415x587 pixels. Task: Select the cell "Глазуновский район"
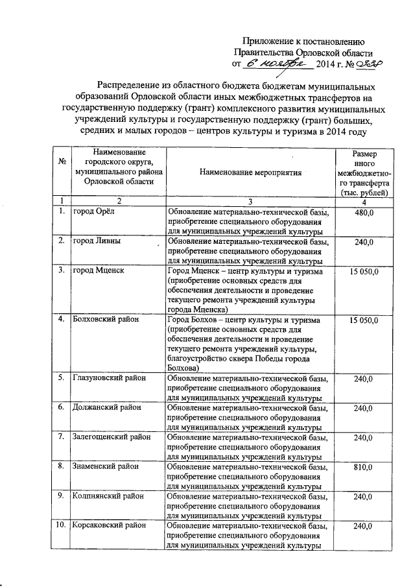(x=108, y=378)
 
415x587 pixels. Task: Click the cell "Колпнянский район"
(x=106, y=496)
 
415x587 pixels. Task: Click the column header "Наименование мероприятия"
(x=250, y=173)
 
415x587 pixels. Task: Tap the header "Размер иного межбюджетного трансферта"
(x=362, y=173)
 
